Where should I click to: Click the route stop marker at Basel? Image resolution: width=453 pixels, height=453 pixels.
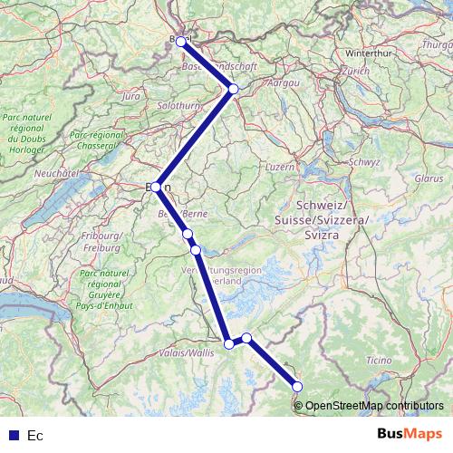[x=181, y=42]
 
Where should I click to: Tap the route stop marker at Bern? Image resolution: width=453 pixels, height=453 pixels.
[x=157, y=187]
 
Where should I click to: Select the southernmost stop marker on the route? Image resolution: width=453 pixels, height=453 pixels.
[x=298, y=387]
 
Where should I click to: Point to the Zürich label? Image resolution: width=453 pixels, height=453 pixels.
[x=355, y=71]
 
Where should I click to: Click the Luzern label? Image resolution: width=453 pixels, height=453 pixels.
[x=277, y=168]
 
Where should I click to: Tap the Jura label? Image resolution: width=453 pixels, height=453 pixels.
[x=131, y=95]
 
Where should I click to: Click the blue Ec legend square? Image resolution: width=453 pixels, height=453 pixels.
[x=14, y=436]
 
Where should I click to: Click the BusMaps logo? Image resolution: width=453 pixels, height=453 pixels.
[x=411, y=435]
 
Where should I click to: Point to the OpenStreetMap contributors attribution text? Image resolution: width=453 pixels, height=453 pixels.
[x=374, y=405]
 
